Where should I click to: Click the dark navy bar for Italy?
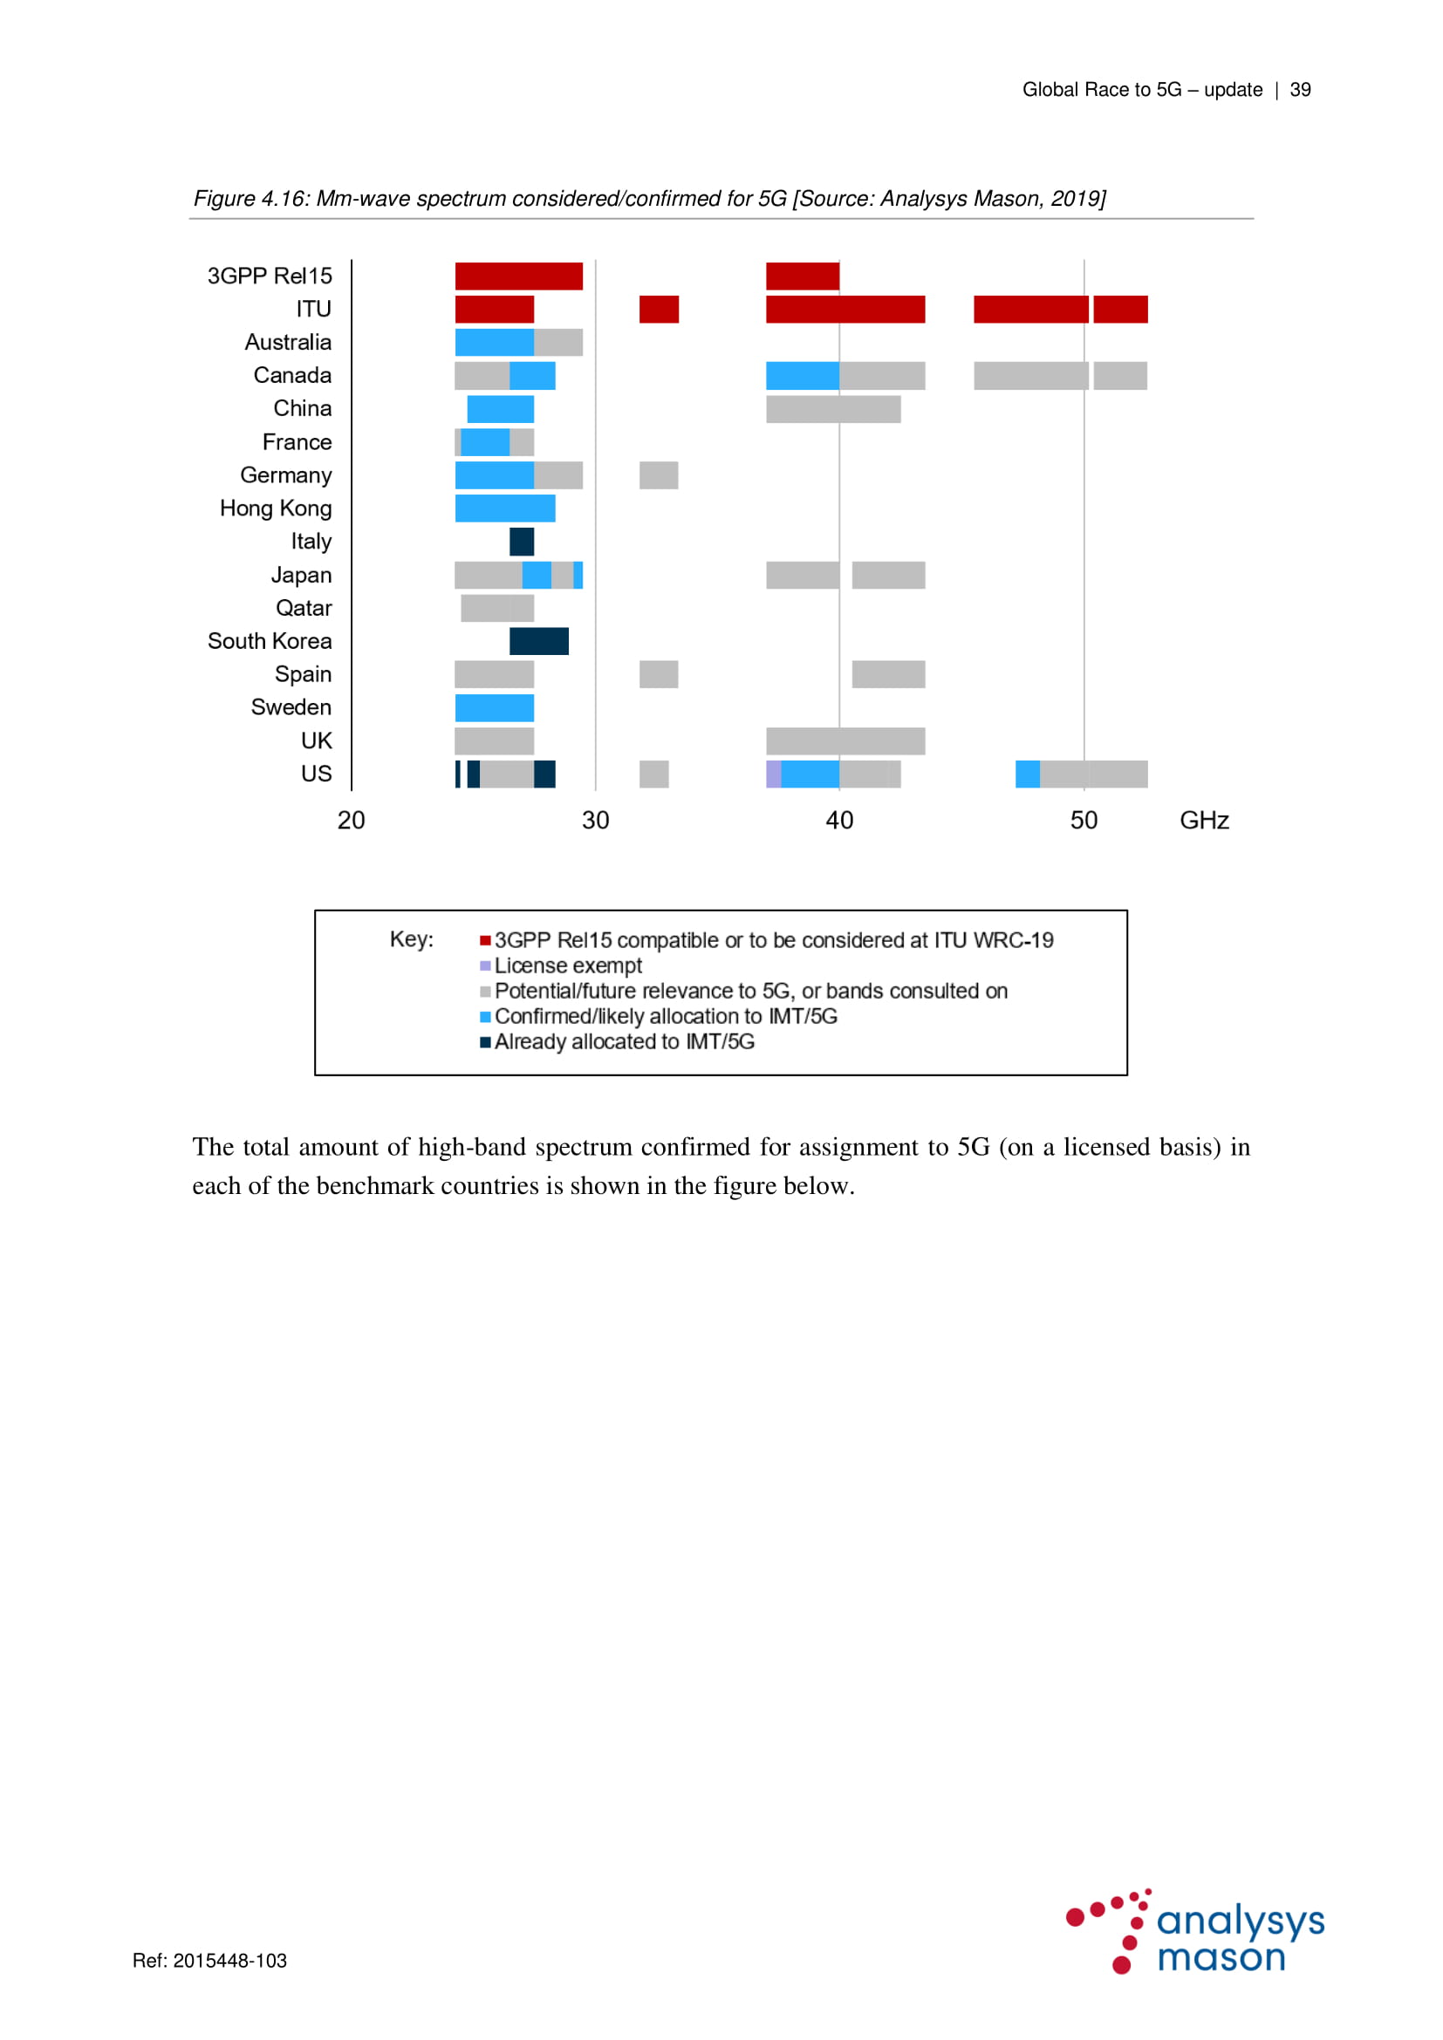tap(522, 541)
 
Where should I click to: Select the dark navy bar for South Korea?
tap(538, 641)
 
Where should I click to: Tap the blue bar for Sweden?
tap(494, 707)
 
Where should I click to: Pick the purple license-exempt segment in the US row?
tap(773, 774)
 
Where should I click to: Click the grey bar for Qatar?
tap(496, 608)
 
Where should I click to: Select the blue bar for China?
tap(500, 409)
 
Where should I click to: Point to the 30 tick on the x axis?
tap(595, 820)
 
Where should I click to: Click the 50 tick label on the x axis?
tap(1084, 820)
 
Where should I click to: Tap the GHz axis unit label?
tap(1204, 820)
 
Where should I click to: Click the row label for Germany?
tap(285, 475)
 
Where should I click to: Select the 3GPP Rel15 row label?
tap(270, 276)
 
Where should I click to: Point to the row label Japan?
tap(301, 575)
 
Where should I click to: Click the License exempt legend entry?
tap(568, 965)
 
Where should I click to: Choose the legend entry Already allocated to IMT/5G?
tap(624, 1041)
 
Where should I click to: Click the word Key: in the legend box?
tap(412, 939)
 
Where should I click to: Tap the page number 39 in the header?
tap(1300, 90)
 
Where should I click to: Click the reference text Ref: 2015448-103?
tap(209, 1960)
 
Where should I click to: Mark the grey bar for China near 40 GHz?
tap(832, 409)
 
